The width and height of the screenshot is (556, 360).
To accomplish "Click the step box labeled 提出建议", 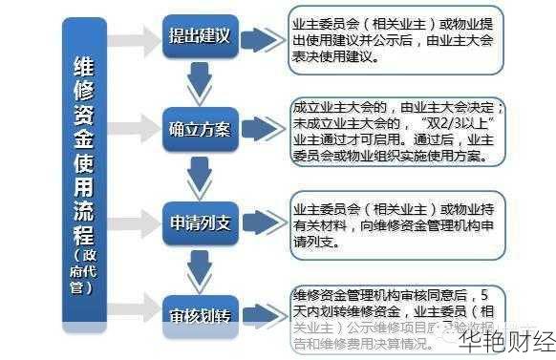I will point(200,38).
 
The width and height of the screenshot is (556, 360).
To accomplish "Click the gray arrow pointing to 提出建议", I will point(134,39).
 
